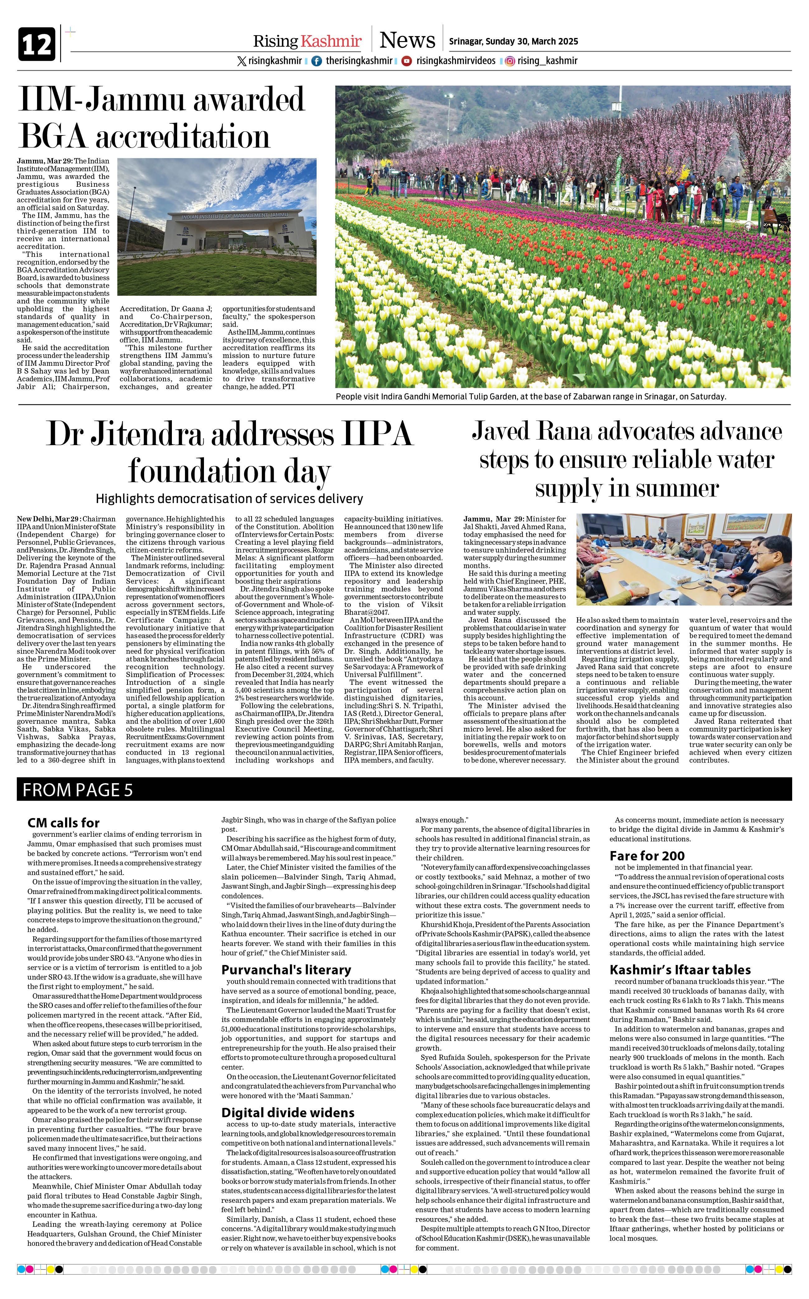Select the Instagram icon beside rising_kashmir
tap(510, 61)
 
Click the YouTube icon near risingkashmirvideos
tap(407, 61)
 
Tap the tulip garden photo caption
tap(530, 397)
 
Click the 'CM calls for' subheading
tap(64, 822)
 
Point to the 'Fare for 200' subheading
tap(647, 856)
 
